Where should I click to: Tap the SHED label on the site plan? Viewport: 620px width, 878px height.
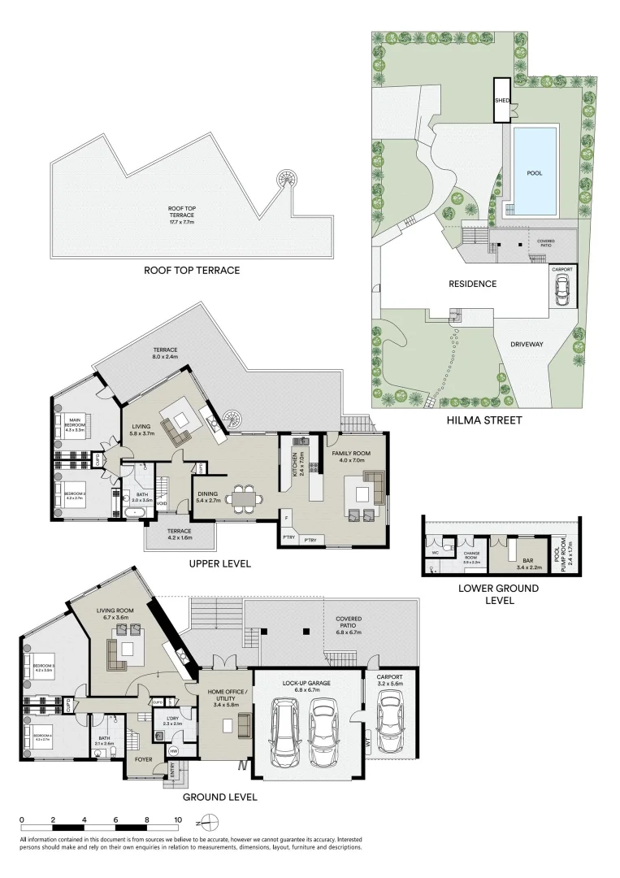(x=502, y=101)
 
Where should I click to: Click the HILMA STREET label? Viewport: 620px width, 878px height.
(x=483, y=420)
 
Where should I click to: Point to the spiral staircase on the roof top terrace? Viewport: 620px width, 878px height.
(x=287, y=178)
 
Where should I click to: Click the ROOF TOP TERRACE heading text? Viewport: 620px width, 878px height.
(x=192, y=270)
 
